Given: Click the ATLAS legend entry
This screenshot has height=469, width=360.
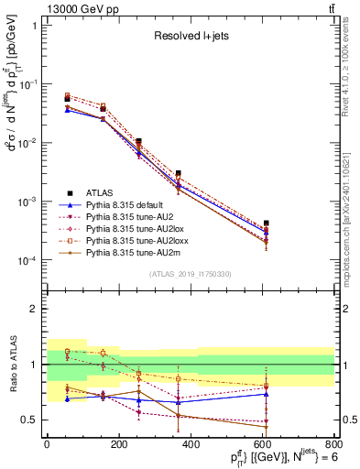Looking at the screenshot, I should (102, 192).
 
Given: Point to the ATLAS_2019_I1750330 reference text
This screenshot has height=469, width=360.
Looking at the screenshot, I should (190, 274).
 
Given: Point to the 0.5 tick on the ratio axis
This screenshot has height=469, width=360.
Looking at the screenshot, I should (30, 420).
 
